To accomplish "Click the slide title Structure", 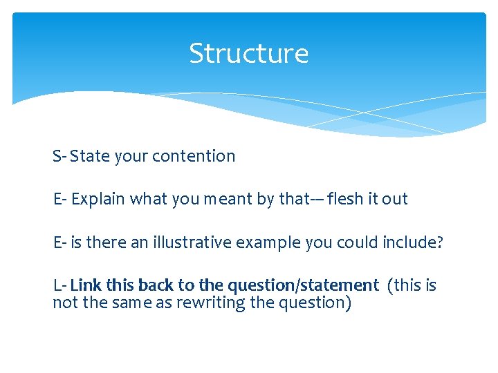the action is click(249, 53).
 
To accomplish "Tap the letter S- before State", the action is click(59, 156).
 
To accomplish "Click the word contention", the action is click(194, 156).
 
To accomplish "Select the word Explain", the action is click(98, 200).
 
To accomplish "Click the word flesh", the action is click(345, 199).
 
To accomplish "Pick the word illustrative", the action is click(192, 242).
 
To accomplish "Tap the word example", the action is click(268, 243).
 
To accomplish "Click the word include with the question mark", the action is click(412, 242).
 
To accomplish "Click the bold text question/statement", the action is click(304, 286).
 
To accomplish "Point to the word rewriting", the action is click(211, 303).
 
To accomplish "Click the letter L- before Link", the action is click(60, 285).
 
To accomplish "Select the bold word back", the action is click(156, 285).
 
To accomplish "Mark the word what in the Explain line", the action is click(148, 199).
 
